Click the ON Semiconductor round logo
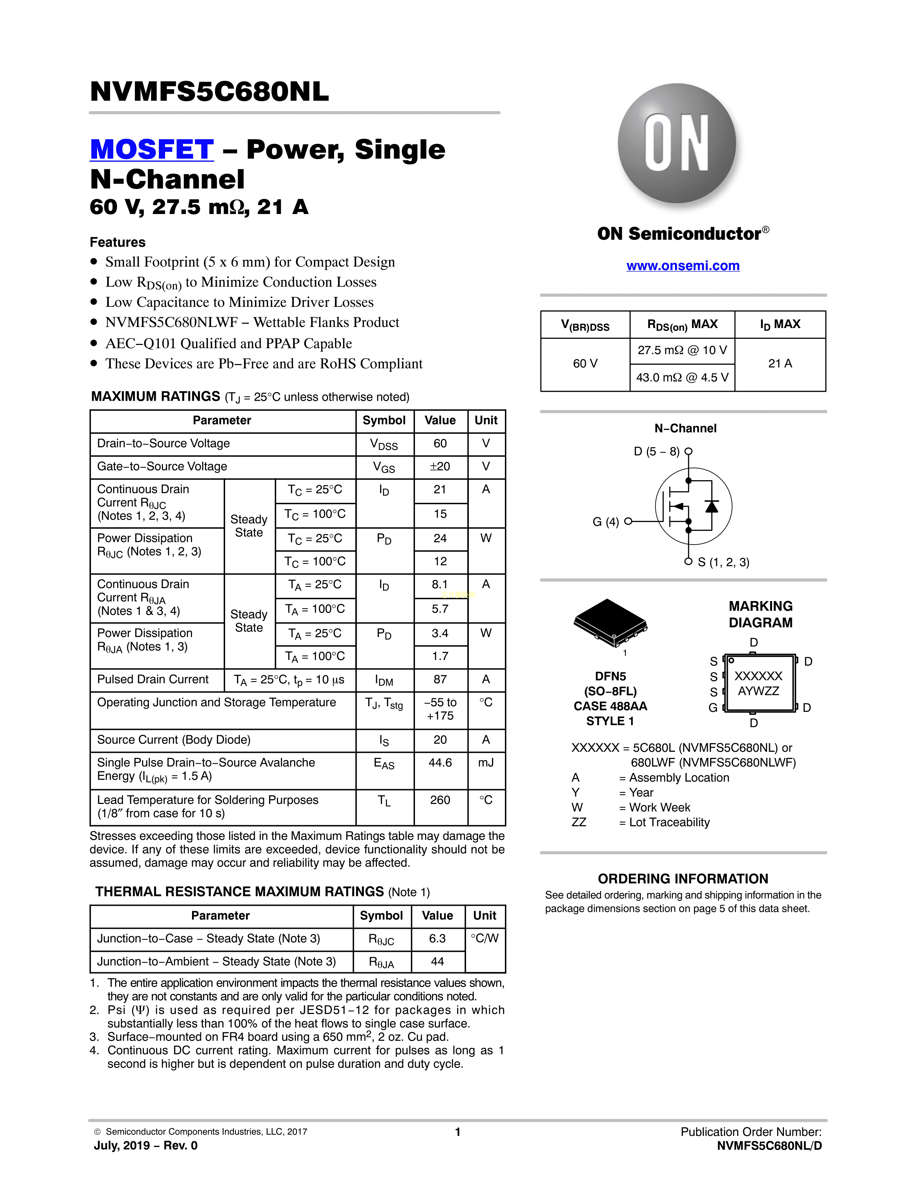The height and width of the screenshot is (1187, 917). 677,144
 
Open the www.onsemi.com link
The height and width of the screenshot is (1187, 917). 683,266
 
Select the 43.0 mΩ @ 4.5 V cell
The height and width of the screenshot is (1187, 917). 682,377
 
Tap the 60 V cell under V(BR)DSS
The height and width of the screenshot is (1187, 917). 585,364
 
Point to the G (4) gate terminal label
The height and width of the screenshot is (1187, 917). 606,522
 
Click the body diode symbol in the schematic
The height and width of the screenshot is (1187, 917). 711,506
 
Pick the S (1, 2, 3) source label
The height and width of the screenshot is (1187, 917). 724,562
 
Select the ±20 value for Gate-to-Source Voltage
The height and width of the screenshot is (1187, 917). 440,466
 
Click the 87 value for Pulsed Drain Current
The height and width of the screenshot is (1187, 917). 440,679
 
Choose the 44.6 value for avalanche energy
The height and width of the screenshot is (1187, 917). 440,763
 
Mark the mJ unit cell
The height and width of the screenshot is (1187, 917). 486,763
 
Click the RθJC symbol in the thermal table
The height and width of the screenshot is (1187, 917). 381,939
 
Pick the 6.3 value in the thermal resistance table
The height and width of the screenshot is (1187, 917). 437,938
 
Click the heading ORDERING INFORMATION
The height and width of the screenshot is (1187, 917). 683,879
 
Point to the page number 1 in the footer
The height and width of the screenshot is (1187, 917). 458,1132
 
